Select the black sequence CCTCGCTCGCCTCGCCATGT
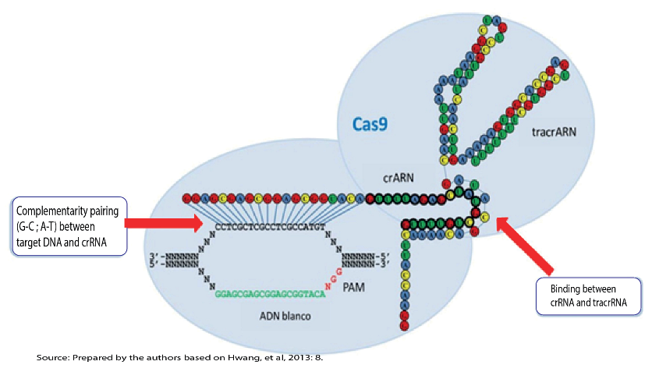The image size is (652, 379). (x=270, y=227)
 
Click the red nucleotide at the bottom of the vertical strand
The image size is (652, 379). (x=405, y=325)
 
